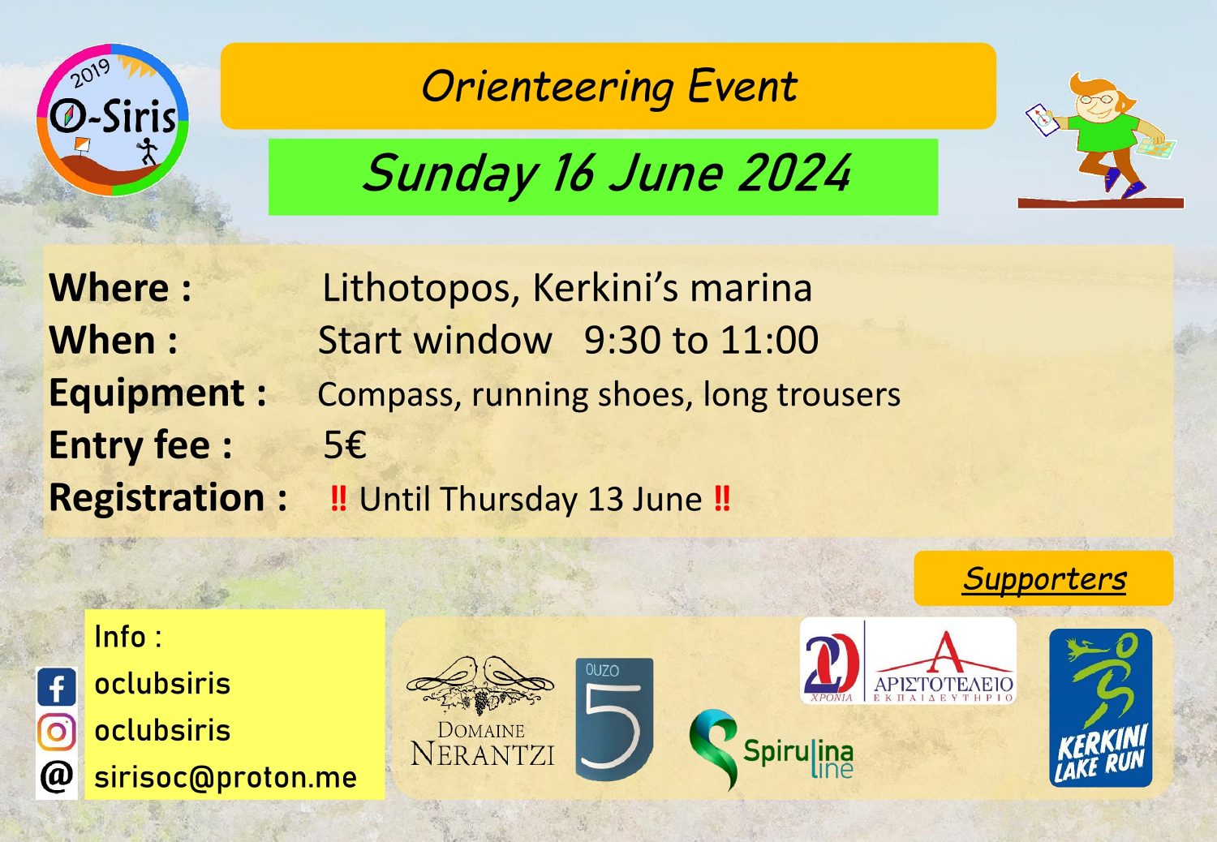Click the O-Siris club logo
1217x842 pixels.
113,120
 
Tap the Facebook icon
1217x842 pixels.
57,686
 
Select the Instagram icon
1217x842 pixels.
57,732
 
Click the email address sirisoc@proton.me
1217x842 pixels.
226,777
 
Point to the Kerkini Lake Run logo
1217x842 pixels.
1101,708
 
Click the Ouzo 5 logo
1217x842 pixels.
614,719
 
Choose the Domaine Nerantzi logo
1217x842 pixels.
481,711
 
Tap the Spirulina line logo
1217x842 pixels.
772,750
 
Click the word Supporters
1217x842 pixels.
1044,578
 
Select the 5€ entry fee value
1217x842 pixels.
345,445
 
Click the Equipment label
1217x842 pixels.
157,393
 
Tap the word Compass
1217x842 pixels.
389,395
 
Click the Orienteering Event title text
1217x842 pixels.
609,87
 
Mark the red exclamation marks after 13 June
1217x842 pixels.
722,499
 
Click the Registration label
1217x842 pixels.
168,497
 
